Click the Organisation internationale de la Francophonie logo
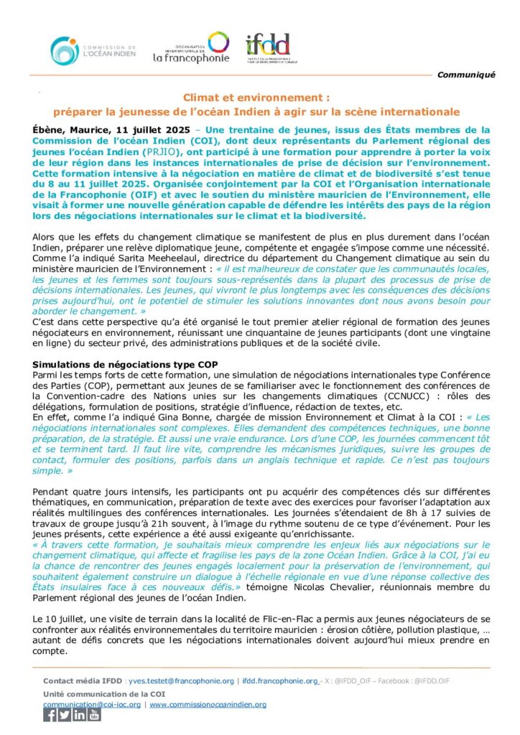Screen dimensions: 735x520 click(x=191, y=47)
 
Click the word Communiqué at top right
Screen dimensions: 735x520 click(x=466, y=75)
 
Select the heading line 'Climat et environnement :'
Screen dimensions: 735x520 click(x=256, y=97)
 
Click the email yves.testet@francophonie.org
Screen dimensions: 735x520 click(x=181, y=680)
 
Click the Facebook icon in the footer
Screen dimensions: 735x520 click(x=50, y=715)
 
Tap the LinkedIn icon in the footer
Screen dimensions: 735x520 click(x=79, y=715)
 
